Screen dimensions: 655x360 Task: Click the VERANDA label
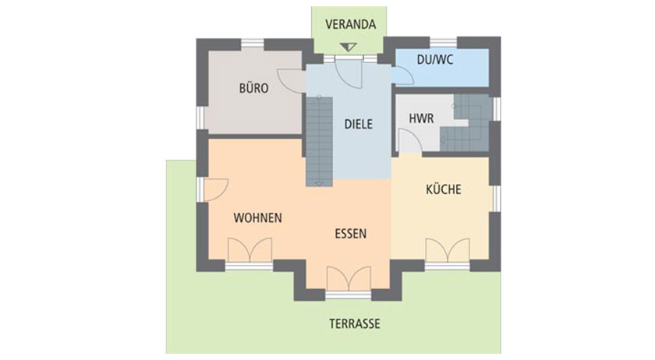click(x=350, y=24)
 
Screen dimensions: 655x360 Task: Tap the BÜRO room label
click(x=253, y=88)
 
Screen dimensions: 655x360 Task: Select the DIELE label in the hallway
click(x=359, y=124)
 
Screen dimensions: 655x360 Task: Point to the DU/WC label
click(x=435, y=60)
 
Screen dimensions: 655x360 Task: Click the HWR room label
click(x=421, y=118)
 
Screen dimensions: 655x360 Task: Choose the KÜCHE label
click(x=444, y=189)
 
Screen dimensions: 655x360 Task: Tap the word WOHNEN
click(x=258, y=217)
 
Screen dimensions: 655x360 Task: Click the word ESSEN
click(x=350, y=234)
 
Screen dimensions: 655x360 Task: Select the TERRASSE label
click(x=355, y=323)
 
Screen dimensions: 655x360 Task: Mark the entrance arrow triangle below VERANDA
click(x=348, y=47)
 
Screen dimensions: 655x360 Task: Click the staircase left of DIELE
click(x=319, y=141)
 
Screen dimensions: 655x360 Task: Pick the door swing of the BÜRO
click(x=291, y=79)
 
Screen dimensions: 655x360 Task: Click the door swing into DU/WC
click(x=403, y=75)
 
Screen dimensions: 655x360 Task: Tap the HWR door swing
click(x=410, y=141)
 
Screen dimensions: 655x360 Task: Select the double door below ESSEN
click(x=348, y=278)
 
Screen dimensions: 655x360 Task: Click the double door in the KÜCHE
click(x=448, y=250)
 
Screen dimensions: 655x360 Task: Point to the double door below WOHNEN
click(x=250, y=250)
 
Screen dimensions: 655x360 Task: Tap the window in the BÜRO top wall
click(x=253, y=43)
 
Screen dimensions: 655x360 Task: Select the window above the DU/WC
click(x=443, y=42)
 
